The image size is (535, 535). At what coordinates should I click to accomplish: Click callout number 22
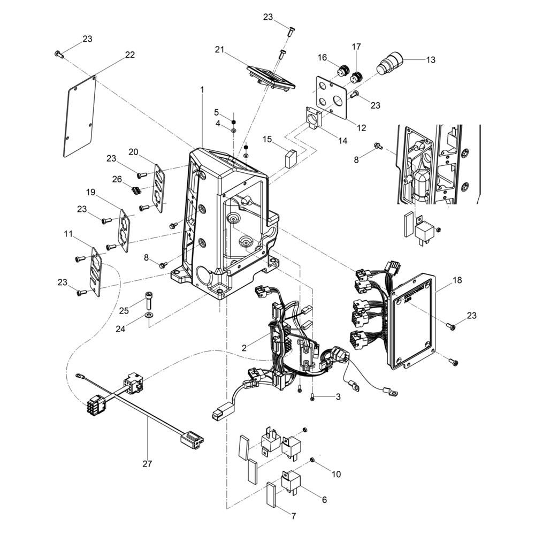[129, 55]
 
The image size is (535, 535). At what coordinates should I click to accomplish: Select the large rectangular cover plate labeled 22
[80, 117]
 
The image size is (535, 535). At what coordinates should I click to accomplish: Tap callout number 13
[431, 60]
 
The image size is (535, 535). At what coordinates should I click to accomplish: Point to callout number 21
[220, 50]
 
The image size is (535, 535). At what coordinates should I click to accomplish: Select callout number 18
[457, 280]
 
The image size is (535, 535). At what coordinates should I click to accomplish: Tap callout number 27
[147, 464]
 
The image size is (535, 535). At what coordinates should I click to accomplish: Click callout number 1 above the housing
[202, 90]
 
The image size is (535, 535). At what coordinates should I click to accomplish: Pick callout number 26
[117, 179]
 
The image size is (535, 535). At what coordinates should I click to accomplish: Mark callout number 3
[338, 397]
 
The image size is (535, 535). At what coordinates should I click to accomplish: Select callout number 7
[294, 516]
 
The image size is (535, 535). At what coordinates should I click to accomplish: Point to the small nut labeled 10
[312, 461]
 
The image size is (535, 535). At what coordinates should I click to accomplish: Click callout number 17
[356, 47]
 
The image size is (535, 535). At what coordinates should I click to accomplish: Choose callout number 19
[90, 193]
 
